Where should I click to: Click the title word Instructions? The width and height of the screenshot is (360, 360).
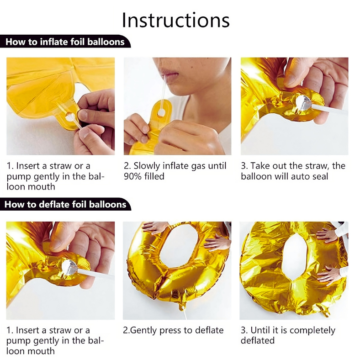(x=175, y=20)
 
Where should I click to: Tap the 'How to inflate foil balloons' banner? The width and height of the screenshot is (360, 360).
(x=65, y=42)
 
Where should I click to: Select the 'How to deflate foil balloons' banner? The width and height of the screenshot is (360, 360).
(x=65, y=204)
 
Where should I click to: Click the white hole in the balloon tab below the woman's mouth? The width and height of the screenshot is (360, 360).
(x=161, y=112)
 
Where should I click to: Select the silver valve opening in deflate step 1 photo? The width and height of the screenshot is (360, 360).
(x=69, y=267)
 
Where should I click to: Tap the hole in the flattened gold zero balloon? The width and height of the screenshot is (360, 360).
(x=294, y=257)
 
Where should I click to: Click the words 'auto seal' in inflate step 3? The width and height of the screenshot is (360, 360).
(x=305, y=176)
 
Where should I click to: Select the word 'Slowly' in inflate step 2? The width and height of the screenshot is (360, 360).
(x=147, y=166)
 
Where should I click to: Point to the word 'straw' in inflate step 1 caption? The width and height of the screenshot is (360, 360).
(x=61, y=166)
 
